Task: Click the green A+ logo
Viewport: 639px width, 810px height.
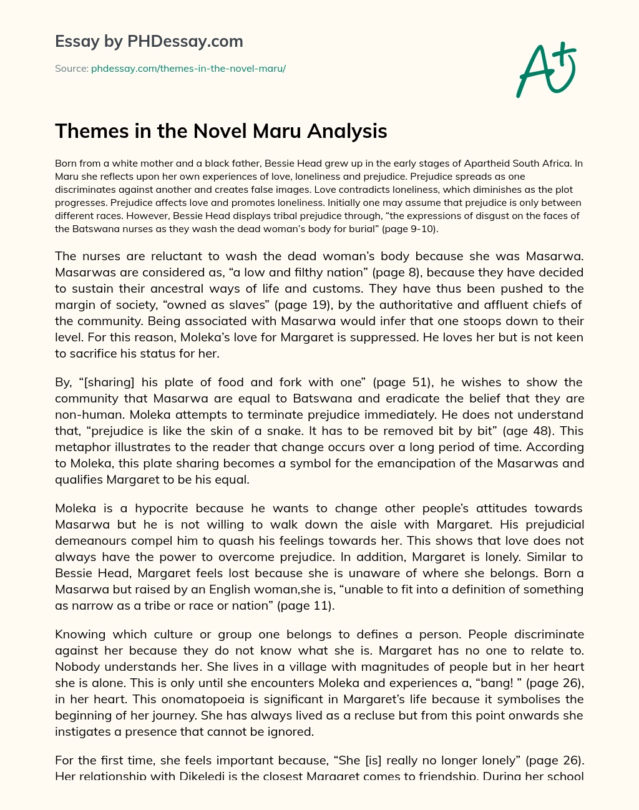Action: click(x=545, y=69)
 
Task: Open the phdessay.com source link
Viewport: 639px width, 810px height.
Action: click(x=188, y=69)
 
